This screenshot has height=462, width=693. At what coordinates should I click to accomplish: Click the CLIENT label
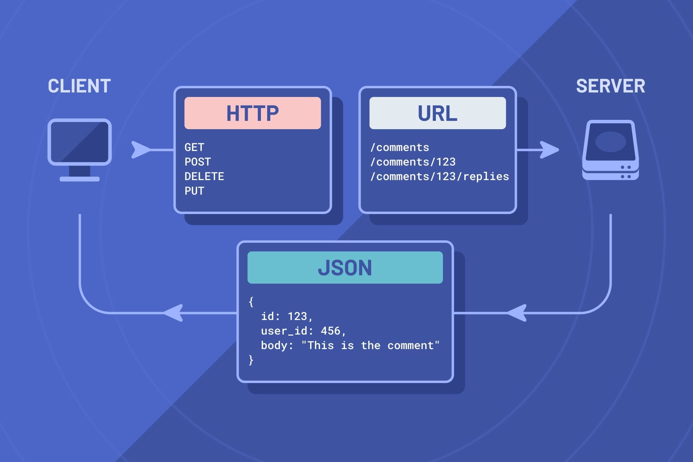[79, 86]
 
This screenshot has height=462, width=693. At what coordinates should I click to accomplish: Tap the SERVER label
[611, 86]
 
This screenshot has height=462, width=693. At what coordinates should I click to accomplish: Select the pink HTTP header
[253, 113]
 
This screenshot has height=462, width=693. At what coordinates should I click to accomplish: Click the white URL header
[438, 113]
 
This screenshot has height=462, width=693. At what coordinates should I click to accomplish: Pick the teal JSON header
[345, 268]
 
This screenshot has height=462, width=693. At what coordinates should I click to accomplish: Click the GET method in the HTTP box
[194, 148]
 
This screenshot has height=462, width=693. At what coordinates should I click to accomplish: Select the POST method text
[198, 162]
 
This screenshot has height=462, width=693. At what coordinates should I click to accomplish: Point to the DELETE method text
[204, 177]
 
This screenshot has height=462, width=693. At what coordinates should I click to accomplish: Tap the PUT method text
[194, 191]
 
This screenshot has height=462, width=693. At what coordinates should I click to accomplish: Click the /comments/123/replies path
[440, 177]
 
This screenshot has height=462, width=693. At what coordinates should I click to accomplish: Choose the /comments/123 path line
[413, 162]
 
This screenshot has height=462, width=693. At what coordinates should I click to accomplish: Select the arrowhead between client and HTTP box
[141, 150]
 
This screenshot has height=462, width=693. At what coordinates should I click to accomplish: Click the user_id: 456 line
[304, 331]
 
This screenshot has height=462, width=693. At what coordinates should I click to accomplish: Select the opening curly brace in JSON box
[251, 302]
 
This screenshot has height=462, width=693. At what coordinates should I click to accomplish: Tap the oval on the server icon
[611, 142]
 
